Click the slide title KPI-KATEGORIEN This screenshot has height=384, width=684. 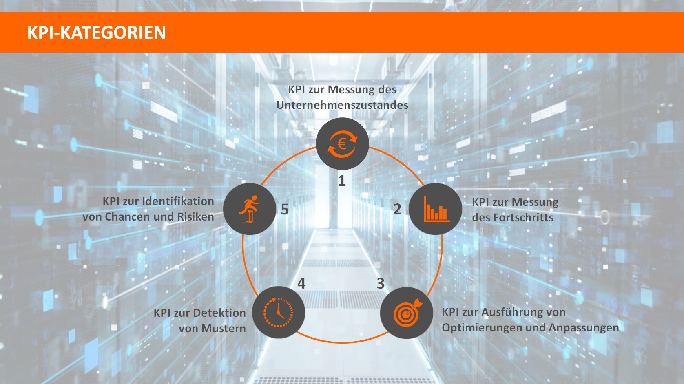tap(96, 33)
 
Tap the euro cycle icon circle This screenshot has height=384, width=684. tap(342, 144)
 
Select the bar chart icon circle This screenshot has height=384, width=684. tap(435, 209)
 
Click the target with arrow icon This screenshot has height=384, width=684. tap(406, 313)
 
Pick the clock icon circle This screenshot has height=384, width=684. tap(279, 313)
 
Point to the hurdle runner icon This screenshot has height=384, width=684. tap(250, 209)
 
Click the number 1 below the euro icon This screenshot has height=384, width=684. tap(342, 181)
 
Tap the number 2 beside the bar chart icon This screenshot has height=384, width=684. tap(397, 209)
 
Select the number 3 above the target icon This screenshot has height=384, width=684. tap(380, 283)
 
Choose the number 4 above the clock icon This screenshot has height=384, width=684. tap(301, 283)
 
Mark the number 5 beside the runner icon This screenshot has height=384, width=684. tap(285, 210)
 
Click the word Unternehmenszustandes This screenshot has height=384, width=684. tap(342, 105)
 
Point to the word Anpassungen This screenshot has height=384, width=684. tap(584, 328)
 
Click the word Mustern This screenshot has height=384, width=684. tap(224, 329)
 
